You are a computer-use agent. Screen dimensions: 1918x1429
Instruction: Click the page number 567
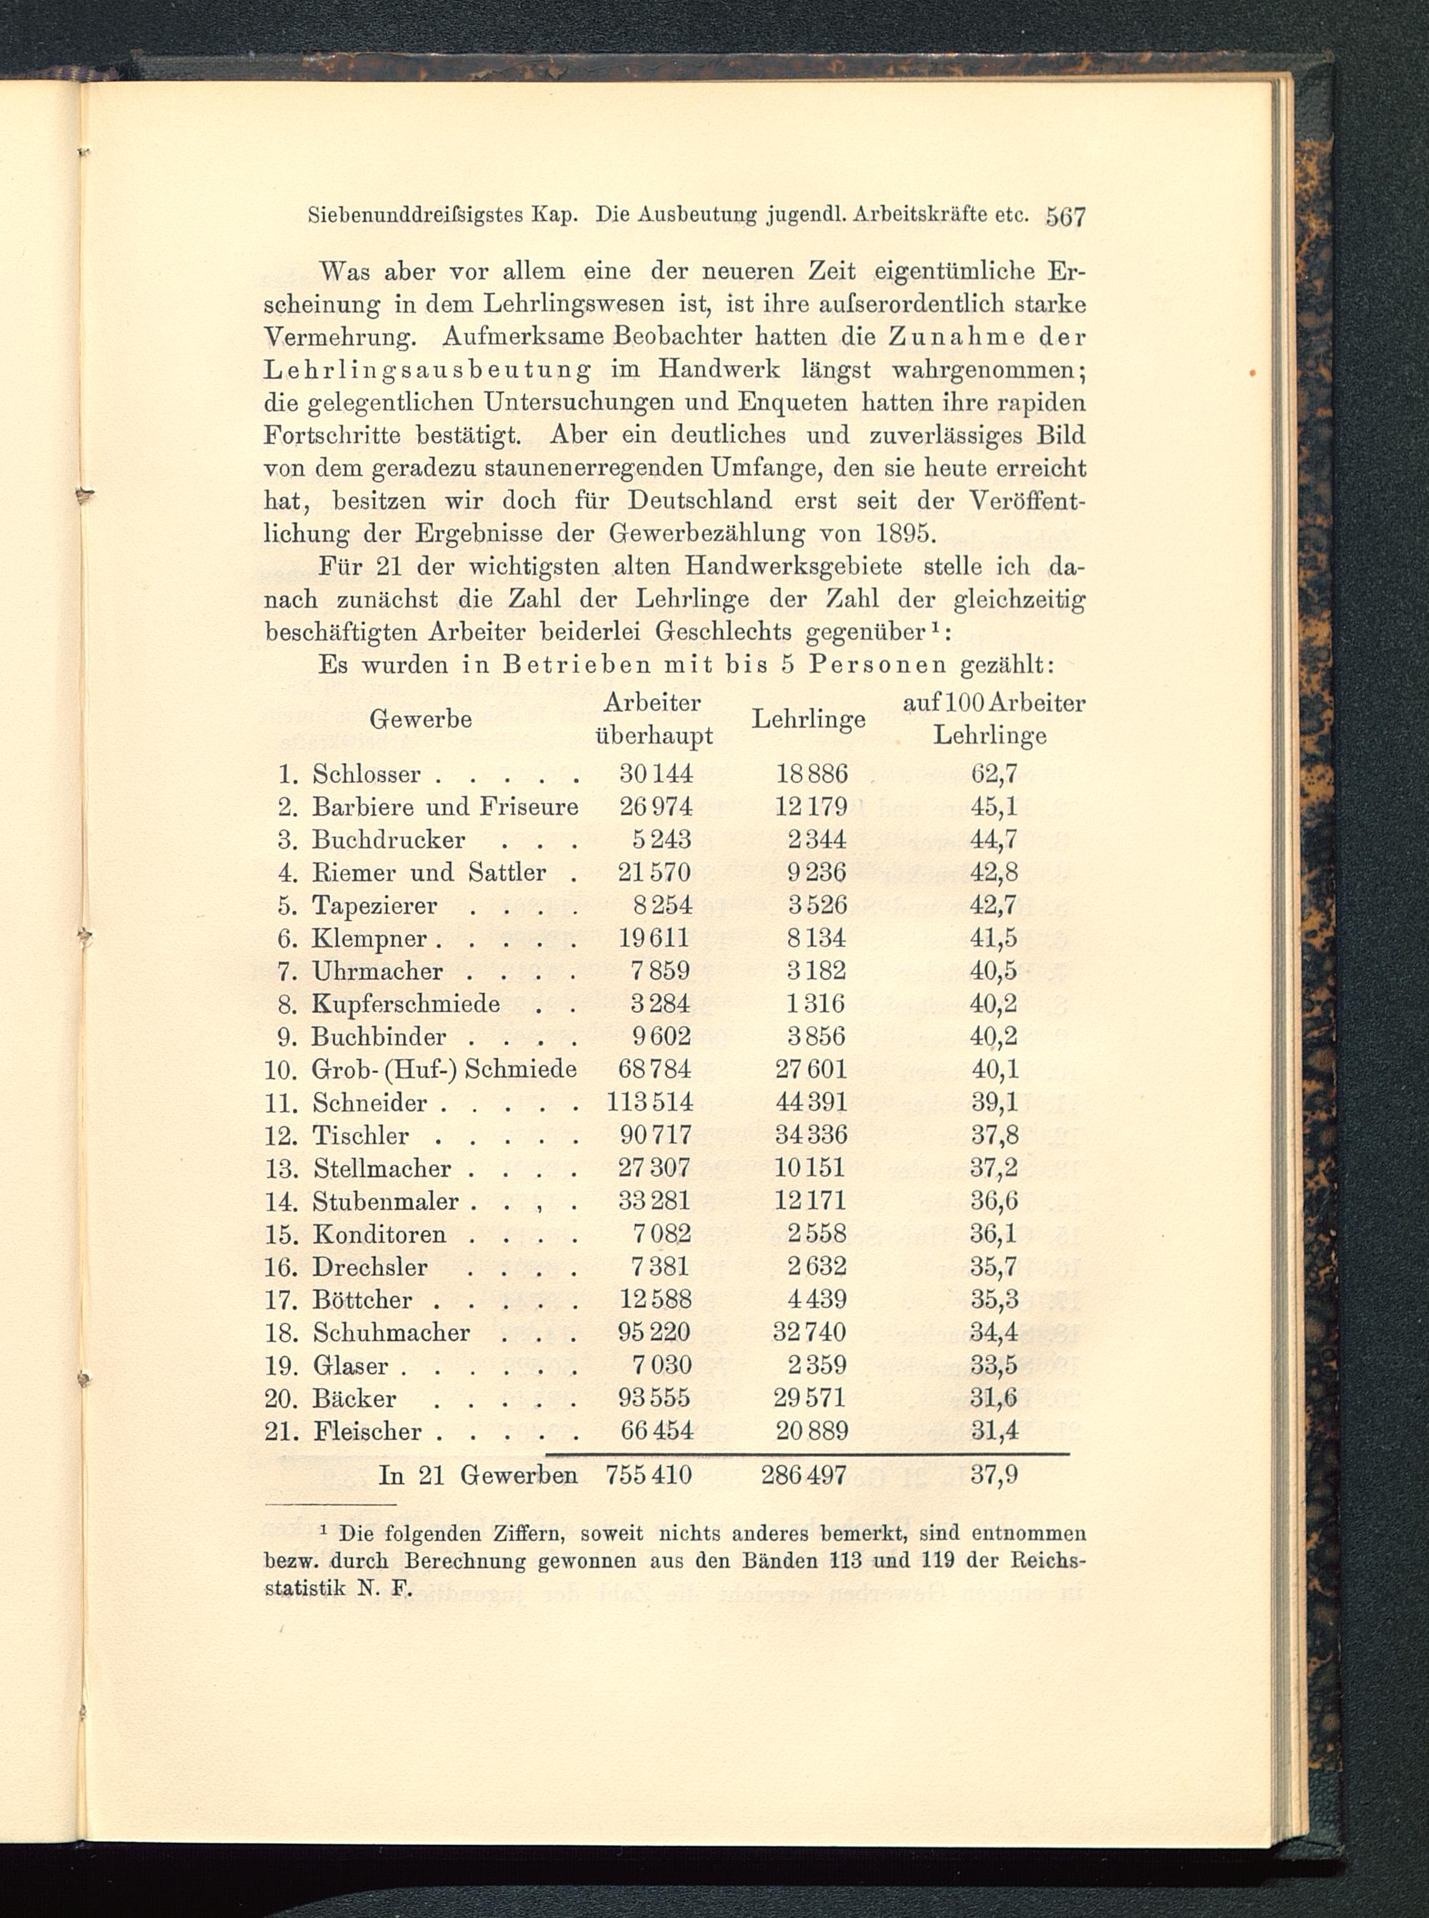point(1064,216)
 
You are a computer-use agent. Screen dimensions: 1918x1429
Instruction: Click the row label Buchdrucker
point(389,839)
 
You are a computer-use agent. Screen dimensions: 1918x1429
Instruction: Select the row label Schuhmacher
point(391,1332)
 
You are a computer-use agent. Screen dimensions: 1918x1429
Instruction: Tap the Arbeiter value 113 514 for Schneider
point(649,1102)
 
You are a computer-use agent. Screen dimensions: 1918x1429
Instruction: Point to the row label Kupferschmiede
point(406,1004)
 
